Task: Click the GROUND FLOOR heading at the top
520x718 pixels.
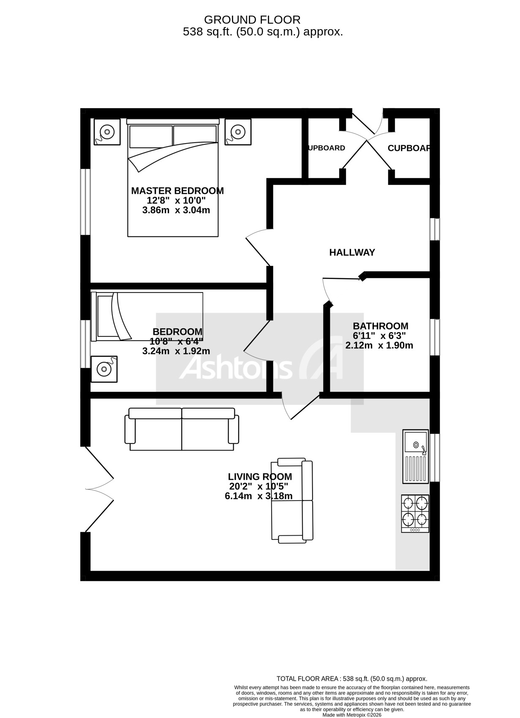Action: coord(252,20)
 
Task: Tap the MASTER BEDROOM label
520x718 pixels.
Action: coord(177,191)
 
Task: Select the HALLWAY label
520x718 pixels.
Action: coord(352,252)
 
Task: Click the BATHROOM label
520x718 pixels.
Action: coord(380,326)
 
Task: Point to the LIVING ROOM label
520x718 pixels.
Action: coord(260,477)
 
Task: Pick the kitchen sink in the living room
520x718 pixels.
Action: coord(416,456)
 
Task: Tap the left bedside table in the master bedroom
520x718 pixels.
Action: coord(107,132)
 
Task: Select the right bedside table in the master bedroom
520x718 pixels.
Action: coord(238,132)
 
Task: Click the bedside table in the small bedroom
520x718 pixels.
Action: coord(104,369)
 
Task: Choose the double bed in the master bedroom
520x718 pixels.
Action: coord(173,177)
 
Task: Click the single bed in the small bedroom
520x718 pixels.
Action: coord(147,316)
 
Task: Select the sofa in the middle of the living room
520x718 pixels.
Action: coord(292,501)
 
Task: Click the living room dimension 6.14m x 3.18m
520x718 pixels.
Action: coord(259,496)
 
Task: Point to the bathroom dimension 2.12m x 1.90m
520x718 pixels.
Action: coord(379,346)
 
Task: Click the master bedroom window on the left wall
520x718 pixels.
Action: coord(86,202)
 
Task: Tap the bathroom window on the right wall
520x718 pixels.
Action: coord(435,337)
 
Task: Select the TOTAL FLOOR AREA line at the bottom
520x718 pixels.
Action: coord(351,679)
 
